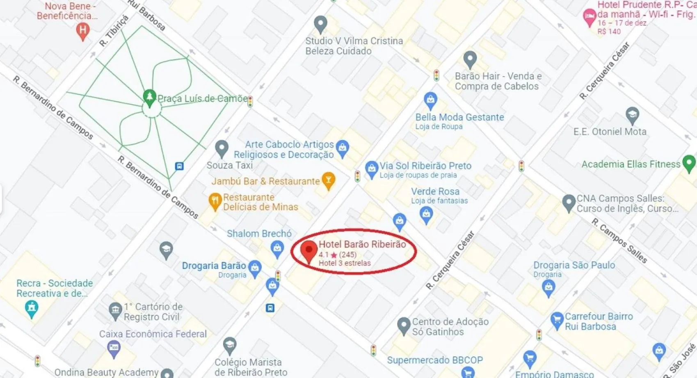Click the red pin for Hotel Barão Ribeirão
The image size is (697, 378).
309,250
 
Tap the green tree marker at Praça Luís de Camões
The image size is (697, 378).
149,97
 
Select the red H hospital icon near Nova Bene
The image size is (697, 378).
83,30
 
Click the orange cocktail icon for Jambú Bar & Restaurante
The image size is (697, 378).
328,180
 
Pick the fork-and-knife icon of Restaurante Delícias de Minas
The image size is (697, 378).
215,201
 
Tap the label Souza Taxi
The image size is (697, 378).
229,165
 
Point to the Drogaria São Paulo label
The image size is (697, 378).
574,265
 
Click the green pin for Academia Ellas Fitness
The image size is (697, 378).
689,163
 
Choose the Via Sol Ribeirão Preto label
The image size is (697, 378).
425,166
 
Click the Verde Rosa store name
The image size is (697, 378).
435,191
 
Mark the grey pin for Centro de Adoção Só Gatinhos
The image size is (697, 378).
404,326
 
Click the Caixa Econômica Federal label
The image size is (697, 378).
153,334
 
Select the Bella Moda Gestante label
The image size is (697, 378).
459,117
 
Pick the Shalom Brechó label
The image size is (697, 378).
259,234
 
